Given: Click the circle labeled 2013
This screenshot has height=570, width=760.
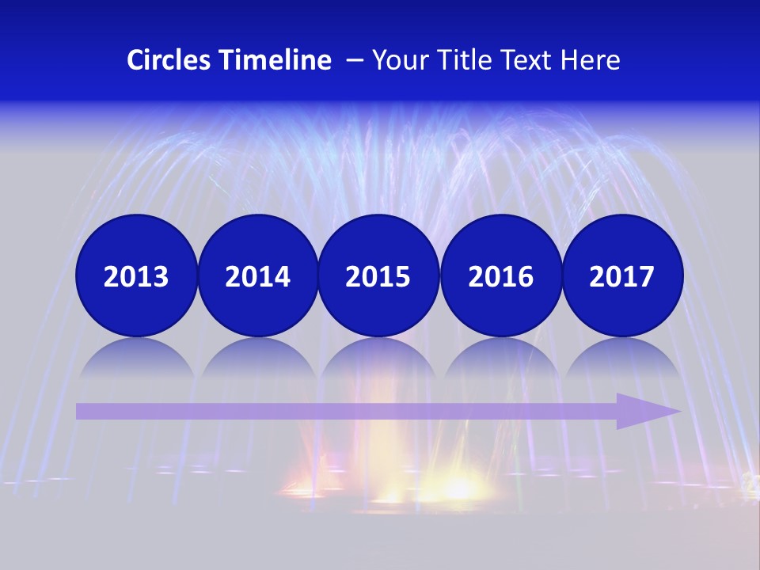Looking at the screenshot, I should point(136,275).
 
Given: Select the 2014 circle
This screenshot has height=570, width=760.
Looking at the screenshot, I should point(257,275).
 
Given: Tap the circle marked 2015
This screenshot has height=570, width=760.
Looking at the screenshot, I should point(378,275).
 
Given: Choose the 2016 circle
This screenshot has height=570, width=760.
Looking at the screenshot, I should point(500,275).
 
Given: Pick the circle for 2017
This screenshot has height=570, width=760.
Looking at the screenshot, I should point(622,275).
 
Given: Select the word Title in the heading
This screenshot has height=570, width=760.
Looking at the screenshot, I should point(464,60).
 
